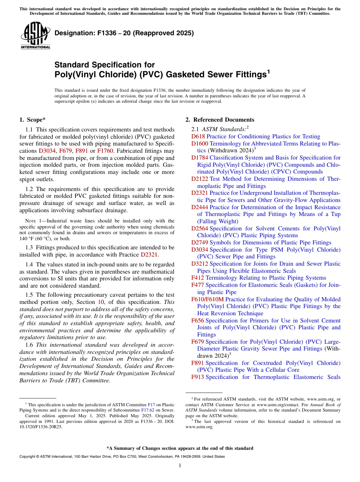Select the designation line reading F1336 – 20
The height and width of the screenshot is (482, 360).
124,33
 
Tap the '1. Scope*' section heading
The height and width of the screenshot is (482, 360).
33,120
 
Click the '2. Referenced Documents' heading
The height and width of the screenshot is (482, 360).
220,120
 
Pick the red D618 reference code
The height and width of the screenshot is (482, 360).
198,136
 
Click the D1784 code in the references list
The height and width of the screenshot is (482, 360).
200,158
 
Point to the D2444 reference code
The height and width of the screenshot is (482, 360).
200,207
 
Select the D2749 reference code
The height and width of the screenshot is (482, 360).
200,243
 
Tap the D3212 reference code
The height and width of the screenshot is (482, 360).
200,264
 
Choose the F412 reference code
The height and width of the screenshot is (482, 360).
197,278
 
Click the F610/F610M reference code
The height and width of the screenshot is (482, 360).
208,299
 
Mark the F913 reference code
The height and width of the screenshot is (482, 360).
197,377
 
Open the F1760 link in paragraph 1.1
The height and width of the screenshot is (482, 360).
105,151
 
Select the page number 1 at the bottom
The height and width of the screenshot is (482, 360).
180,466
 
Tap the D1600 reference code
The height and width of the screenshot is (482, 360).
200,144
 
